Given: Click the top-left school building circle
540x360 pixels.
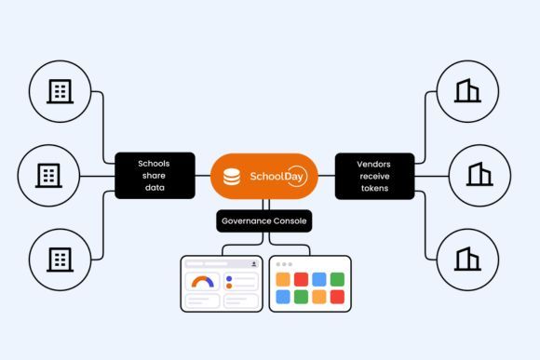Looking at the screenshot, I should tap(61, 91).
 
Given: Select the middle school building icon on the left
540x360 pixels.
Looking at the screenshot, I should tap(49, 174).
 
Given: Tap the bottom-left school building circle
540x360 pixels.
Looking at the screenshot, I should tap(61, 257).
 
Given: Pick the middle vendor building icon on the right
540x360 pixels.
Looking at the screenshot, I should tap(479, 174).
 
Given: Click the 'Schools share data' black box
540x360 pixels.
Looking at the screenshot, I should tap(155, 175).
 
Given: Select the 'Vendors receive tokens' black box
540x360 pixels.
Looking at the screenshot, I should tap(373, 175).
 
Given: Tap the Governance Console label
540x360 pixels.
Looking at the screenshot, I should tap(263, 221).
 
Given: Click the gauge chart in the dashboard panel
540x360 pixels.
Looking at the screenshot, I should tap(201, 281).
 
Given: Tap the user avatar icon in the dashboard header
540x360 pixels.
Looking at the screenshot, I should tap(252, 264).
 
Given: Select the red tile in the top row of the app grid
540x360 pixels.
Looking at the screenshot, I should tap(301, 279).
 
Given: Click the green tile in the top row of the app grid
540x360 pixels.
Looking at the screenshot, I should tap(336, 279).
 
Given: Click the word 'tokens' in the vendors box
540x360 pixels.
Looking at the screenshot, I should tap(373, 186).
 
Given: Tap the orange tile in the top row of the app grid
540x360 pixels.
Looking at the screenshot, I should tap(283, 279).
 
